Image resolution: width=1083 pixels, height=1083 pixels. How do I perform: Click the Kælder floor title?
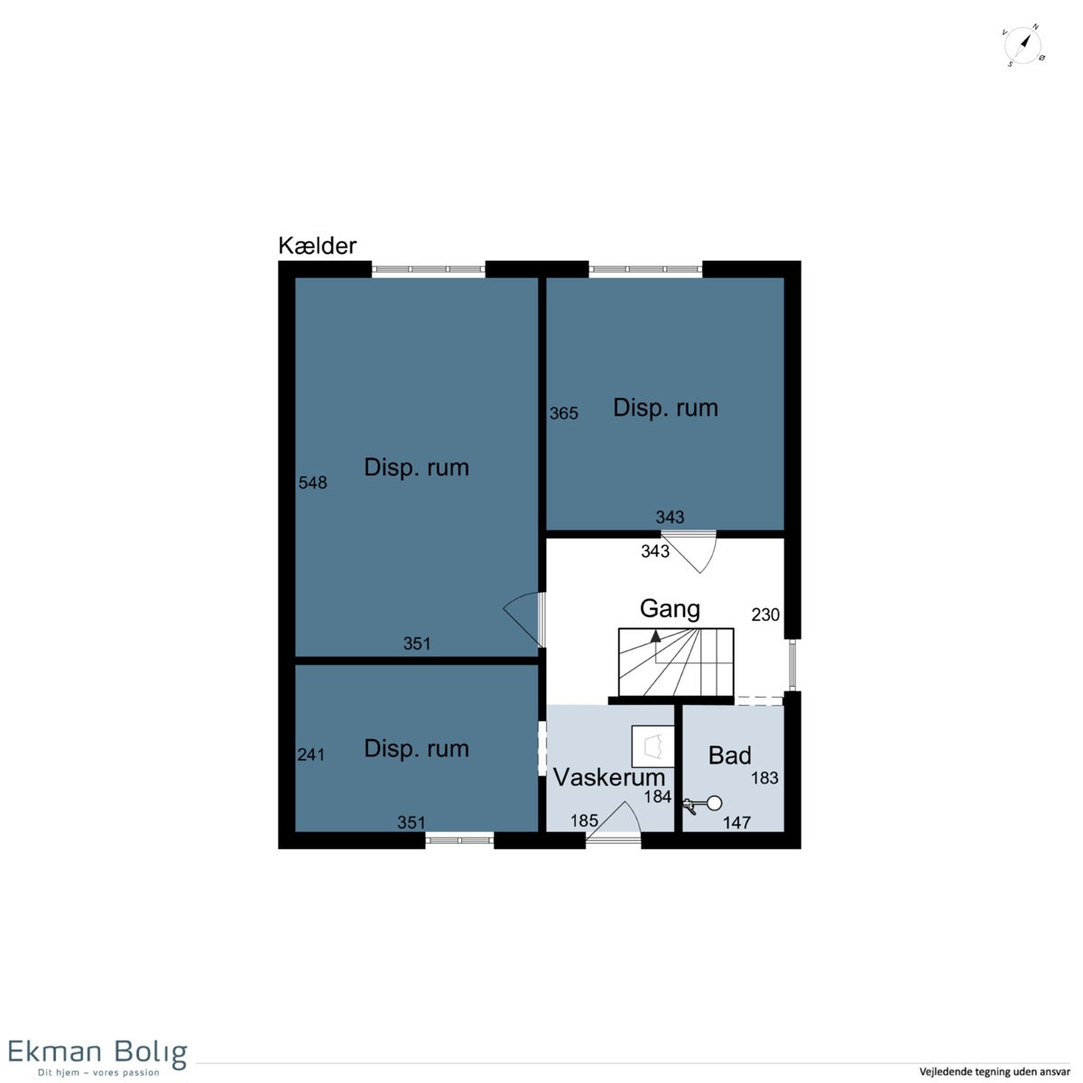[317, 245]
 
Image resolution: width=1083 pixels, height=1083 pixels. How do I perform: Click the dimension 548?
[312, 482]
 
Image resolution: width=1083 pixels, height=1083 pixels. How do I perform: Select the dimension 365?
[564, 413]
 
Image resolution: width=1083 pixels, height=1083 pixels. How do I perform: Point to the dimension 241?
[310, 754]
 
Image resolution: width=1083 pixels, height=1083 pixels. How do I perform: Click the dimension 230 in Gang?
[765, 615]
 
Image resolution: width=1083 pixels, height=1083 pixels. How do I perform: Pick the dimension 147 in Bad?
[736, 823]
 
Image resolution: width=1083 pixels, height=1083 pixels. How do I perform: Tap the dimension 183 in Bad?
[765, 778]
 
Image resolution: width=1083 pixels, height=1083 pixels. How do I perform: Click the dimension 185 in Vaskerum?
[584, 820]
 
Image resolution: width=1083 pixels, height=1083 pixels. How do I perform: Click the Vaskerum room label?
[609, 777]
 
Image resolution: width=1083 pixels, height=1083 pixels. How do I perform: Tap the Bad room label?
[729, 755]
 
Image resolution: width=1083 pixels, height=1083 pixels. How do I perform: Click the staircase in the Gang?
[676, 662]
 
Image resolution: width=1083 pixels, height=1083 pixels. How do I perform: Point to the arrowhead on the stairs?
[655, 635]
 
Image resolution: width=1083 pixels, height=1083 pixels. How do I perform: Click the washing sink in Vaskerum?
[653, 746]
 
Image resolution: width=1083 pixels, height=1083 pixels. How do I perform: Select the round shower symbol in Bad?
[714, 804]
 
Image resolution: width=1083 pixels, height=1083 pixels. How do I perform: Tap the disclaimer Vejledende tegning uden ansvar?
[995, 1071]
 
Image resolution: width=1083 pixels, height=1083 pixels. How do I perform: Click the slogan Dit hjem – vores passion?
[98, 1072]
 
